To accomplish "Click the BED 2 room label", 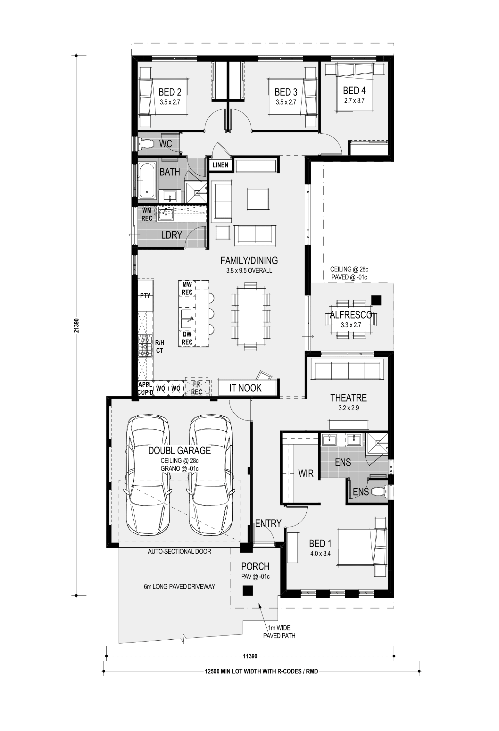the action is pos(170,92).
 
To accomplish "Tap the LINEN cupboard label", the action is pos(220,165).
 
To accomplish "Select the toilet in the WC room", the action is pos(146,144).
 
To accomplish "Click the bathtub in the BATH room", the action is pos(147,180).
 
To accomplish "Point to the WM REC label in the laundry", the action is pos(147,214).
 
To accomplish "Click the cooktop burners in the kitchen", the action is pos(145,346).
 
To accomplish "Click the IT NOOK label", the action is pos(245,388).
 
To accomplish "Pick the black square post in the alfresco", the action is pos(377,300).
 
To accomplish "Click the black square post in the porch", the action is pos(248,590).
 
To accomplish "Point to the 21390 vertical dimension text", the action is pos(76,325).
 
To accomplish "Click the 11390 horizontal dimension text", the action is pos(250,656).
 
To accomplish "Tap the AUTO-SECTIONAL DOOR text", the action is pos(179,552).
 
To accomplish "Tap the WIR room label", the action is pos(306,474).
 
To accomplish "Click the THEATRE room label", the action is pos(348,398).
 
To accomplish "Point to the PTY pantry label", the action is pos(145,295).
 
